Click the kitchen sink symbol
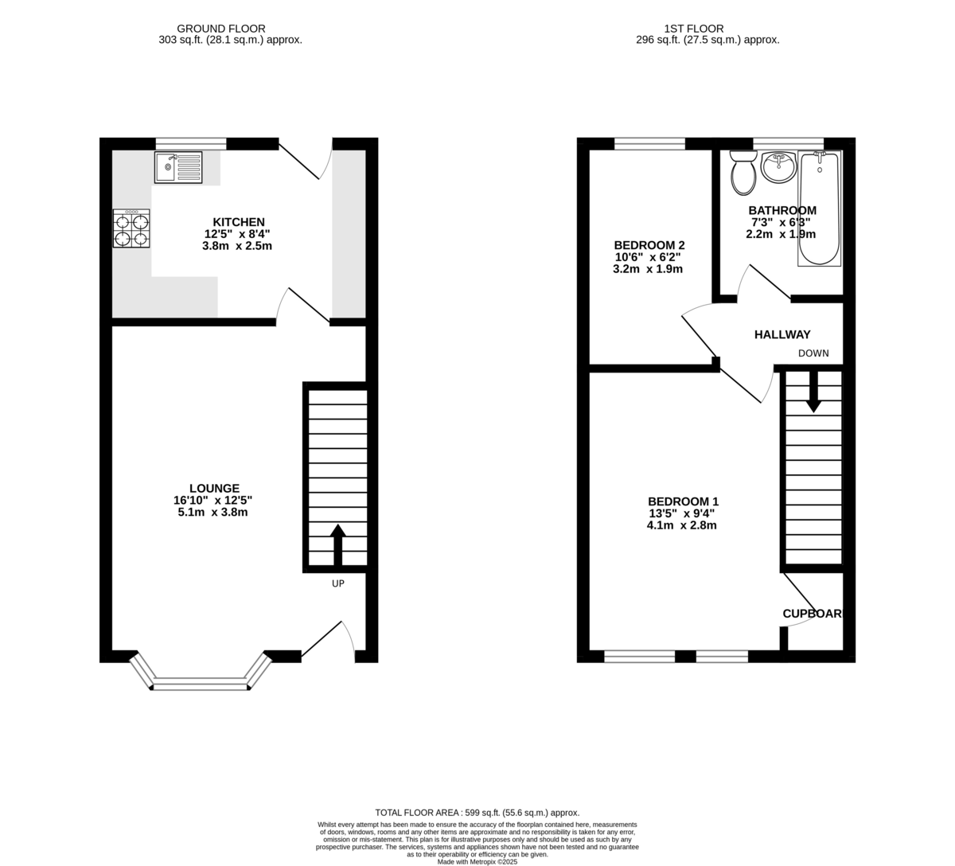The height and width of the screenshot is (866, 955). (x=178, y=168)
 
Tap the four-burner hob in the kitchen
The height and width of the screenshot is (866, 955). (x=132, y=229)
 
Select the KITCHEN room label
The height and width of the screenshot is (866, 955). (x=238, y=222)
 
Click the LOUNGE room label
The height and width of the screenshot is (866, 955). (x=214, y=489)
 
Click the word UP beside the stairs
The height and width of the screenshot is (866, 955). (x=338, y=583)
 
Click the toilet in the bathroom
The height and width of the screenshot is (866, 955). (x=744, y=173)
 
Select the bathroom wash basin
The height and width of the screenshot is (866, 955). (x=778, y=167)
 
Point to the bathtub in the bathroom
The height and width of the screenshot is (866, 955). (x=819, y=209)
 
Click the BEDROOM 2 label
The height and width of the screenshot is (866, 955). (x=649, y=245)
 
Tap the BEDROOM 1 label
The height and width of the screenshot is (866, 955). (x=683, y=501)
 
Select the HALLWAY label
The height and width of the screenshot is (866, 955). (x=782, y=335)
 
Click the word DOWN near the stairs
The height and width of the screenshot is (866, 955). (x=813, y=353)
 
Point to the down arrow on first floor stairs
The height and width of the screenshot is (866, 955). (x=813, y=393)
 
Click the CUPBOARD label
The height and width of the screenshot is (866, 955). (x=813, y=614)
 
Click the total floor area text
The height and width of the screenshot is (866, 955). (x=477, y=812)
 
